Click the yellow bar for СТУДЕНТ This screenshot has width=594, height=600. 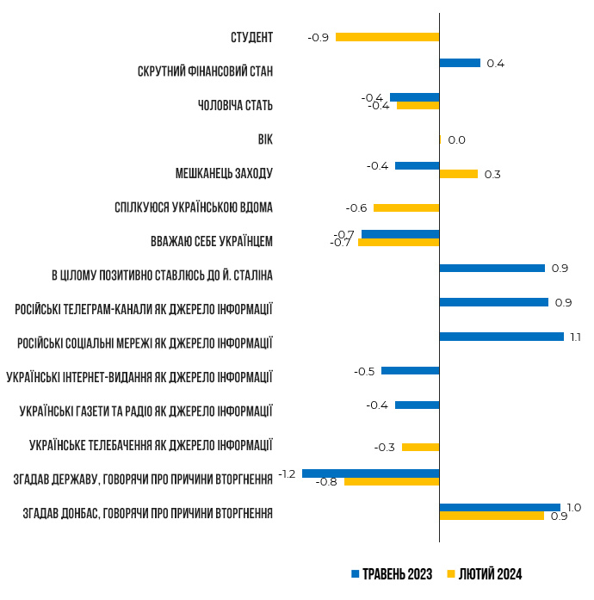pos(387,37)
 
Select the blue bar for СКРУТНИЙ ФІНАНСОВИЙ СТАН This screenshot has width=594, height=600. pos(460,63)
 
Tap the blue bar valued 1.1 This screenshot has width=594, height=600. pos(501,337)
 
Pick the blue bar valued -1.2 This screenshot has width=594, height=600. pos(370,473)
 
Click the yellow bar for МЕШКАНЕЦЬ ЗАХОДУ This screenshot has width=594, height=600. pos(458,174)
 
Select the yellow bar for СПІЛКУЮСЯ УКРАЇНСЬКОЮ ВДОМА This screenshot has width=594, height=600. pos(406,207)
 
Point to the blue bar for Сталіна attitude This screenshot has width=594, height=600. pos(492,268)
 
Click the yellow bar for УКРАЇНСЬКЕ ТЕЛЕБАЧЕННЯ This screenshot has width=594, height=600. pos(420,447)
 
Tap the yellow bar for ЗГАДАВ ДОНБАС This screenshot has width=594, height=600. pos(492,516)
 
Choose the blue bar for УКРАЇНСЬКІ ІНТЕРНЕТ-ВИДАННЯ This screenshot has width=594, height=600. pos(410,371)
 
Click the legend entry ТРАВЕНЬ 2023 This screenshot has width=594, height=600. pos(392,574)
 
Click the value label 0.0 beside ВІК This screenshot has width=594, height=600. pos(456,140)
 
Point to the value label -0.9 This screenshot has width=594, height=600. pos(318,38)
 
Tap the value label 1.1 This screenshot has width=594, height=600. pos(576,337)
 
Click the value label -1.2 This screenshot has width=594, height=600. pos(288,473)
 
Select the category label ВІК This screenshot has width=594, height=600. pos(264,139)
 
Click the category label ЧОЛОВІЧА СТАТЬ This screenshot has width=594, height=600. pos(235,105)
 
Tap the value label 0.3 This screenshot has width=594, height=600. pos(492,175)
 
